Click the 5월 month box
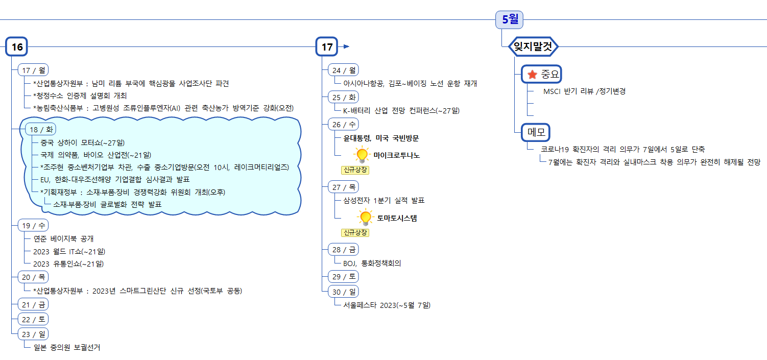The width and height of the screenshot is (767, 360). point(510,19)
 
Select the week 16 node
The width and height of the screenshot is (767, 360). point(17,47)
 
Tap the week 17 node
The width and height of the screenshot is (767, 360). point(327,47)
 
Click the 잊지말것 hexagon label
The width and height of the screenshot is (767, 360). point(534,47)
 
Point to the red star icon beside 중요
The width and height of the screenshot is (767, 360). point(532,75)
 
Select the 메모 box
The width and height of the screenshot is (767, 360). point(535,132)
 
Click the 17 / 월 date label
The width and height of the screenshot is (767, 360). point(33,70)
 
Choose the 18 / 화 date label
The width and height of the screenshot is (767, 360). point(41,129)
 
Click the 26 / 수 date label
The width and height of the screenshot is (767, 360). point(343,124)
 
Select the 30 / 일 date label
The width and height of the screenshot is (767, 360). point(343,292)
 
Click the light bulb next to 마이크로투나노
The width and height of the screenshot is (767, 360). point(362,154)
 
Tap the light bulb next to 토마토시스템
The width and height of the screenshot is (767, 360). point(365,218)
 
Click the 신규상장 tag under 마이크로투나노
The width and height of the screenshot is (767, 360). point(355,170)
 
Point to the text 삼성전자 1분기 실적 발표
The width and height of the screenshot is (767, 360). point(384,200)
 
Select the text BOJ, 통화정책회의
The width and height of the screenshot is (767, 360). point(372,263)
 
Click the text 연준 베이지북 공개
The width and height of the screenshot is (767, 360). point(63,238)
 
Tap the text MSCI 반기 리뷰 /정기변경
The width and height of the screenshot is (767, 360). point(584,91)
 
